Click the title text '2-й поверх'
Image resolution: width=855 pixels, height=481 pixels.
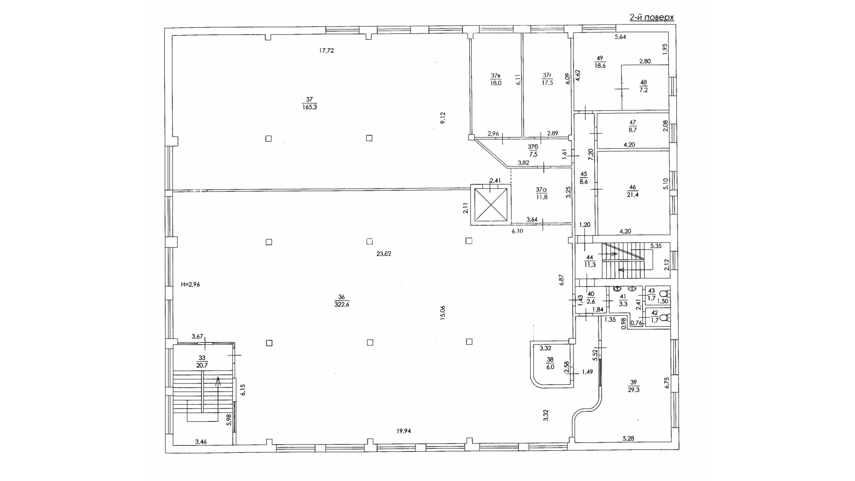(651, 17)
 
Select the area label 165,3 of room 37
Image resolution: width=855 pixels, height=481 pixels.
(309, 107)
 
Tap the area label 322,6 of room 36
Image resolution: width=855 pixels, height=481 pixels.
(342, 305)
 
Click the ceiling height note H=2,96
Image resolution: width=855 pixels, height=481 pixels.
(191, 284)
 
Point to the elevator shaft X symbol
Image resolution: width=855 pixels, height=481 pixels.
(491, 204)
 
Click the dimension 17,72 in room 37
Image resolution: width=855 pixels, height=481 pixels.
(326, 51)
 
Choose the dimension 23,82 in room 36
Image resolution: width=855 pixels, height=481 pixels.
(384, 254)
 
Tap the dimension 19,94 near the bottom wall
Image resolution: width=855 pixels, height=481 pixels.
(404, 431)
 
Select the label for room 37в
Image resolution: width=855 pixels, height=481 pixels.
(496, 79)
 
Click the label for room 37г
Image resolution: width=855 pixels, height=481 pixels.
(547, 79)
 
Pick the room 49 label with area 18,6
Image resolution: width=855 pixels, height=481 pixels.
(600, 62)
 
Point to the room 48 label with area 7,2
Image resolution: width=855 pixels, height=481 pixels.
(643, 86)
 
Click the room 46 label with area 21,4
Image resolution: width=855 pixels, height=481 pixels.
(632, 191)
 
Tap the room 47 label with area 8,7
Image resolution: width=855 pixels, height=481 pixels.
(632, 126)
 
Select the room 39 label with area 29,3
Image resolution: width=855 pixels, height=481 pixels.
(634, 386)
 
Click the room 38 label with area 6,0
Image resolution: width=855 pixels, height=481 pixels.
(550, 363)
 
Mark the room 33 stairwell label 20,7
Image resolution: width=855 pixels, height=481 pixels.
(202, 362)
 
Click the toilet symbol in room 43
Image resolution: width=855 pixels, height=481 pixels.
(664, 293)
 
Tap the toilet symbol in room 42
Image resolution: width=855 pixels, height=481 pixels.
(664, 318)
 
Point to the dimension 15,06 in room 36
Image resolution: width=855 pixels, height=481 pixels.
(442, 313)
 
